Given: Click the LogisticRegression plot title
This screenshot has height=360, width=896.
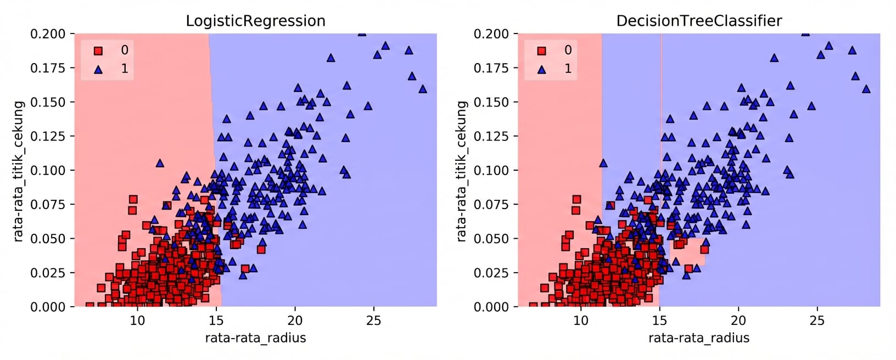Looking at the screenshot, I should click(255, 21).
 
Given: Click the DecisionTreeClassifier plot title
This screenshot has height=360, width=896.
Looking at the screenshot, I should click(699, 21).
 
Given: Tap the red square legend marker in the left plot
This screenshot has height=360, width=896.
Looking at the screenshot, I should click(98, 51).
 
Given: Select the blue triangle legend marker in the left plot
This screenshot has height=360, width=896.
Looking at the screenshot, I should click(98, 69).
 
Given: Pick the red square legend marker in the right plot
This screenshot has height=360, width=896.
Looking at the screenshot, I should click(542, 51).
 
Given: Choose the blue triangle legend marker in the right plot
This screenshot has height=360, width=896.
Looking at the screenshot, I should click(542, 69).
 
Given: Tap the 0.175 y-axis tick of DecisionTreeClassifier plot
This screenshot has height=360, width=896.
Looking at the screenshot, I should click(491, 68).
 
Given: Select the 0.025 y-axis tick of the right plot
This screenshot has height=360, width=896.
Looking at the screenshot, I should click(491, 273).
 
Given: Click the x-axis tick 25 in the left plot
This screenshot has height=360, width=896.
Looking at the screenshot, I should click(373, 320).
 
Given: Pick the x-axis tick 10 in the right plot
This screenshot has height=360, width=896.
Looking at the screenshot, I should click(581, 320).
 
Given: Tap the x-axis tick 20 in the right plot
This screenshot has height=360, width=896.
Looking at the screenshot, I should click(738, 320).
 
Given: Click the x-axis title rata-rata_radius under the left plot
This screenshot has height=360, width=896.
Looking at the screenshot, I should click(255, 337).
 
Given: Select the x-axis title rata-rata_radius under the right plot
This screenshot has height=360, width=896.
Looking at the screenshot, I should click(699, 337).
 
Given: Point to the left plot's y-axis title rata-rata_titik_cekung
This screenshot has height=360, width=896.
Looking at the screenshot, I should click(19, 171).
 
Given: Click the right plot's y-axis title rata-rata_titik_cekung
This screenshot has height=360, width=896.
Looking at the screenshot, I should click(462, 171).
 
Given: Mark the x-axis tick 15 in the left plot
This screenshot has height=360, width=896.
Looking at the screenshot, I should click(216, 320).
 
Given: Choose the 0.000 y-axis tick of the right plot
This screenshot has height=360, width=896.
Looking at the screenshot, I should click(491, 307).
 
